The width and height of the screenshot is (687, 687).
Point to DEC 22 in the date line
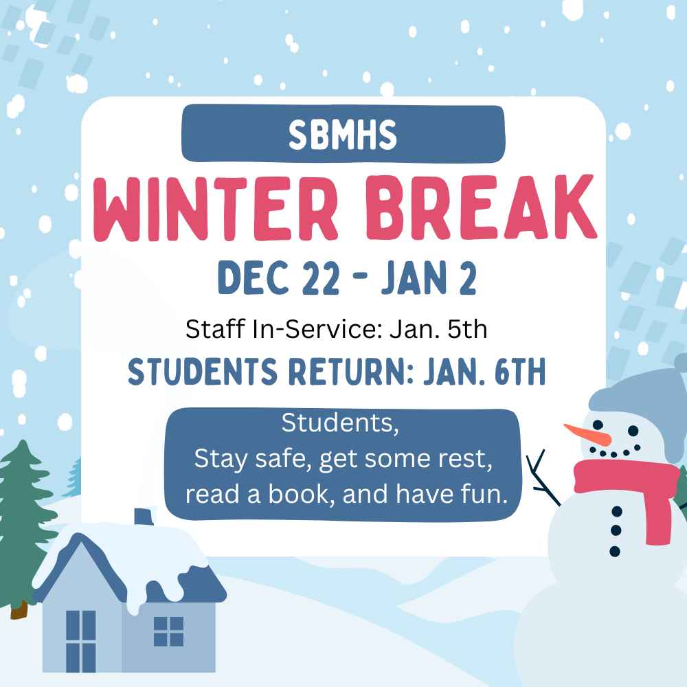coord(278,278)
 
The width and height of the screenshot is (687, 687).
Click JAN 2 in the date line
coord(427,278)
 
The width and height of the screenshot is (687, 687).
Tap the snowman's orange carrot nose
coord(587,434)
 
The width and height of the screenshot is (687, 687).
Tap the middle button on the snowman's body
coord(616,530)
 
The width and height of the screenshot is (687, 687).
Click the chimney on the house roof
coord(144,516)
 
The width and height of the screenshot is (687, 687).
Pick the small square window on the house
coord(168,631)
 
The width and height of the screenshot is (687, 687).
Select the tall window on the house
coord(80,640)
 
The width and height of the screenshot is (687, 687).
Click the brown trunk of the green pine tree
coord(19,609)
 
